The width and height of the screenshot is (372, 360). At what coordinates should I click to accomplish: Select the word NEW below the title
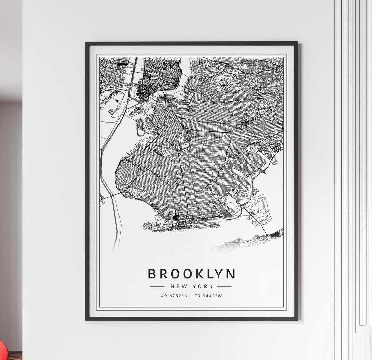177,286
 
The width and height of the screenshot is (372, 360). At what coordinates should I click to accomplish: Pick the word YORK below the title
203,286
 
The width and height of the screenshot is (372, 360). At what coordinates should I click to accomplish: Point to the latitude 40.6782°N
174,296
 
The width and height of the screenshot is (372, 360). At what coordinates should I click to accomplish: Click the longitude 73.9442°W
209,296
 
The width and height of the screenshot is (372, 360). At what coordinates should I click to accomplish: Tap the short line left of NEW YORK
157,286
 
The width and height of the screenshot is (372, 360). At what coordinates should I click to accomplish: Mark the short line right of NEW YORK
224,286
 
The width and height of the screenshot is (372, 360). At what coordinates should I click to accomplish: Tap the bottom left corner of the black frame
86,319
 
